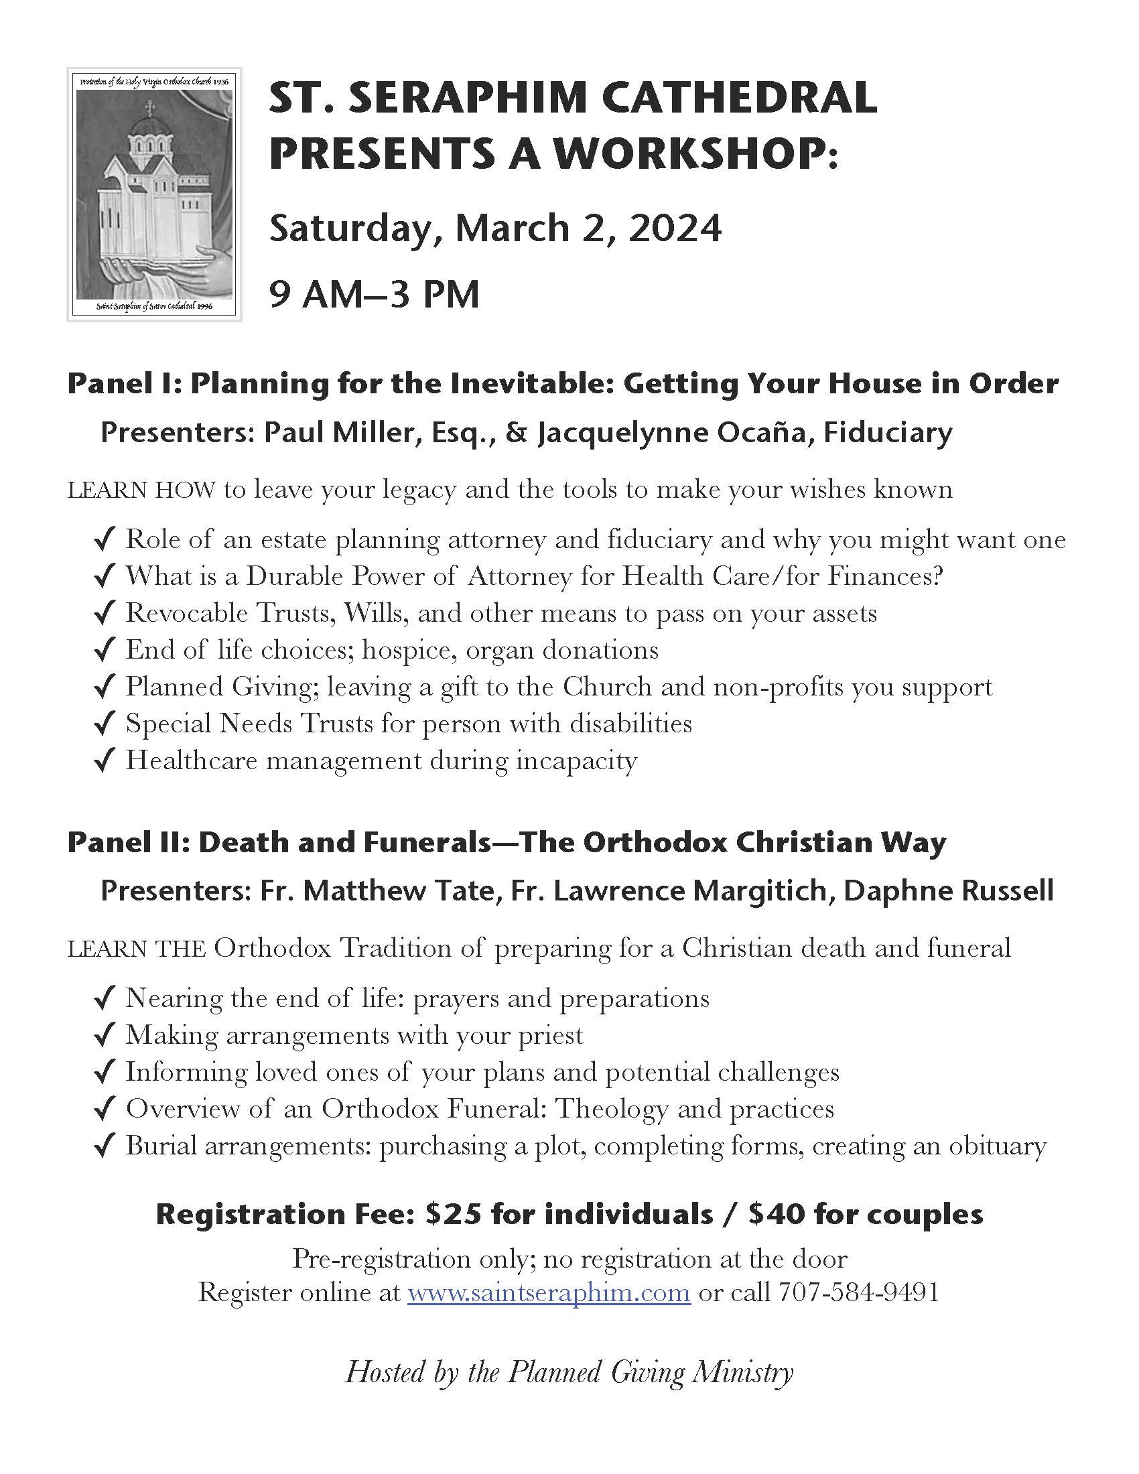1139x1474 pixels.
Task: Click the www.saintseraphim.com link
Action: (549, 1292)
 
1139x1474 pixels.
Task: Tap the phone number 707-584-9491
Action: (858, 1292)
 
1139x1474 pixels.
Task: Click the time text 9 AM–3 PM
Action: (375, 295)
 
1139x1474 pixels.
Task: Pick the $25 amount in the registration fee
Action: (454, 1214)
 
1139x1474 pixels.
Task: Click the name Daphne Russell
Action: (948, 891)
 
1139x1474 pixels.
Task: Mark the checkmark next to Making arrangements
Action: (103, 1036)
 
